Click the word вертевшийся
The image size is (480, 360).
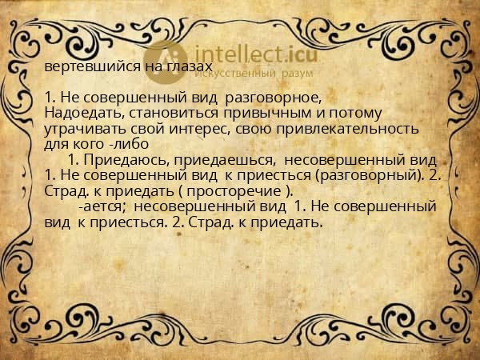point(83,66)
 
